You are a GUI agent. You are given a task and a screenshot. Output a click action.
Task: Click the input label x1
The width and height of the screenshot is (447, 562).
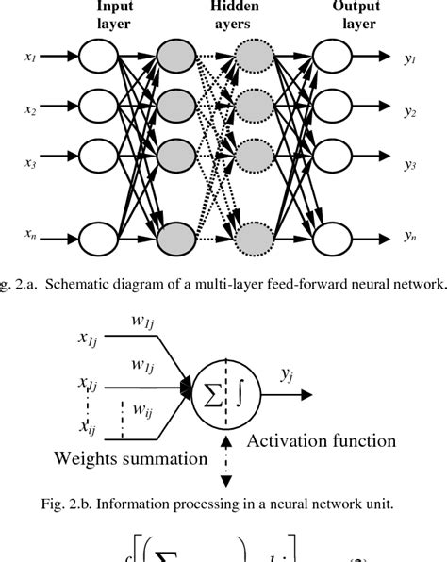pyautogui.click(x=30, y=58)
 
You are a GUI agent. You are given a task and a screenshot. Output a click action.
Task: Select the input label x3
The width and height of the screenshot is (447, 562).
pyautogui.click(x=30, y=163)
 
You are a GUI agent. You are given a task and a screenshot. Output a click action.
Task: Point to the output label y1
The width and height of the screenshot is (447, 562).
pyautogui.click(x=410, y=58)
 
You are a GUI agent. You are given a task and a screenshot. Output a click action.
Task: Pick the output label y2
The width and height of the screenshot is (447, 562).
pyautogui.click(x=410, y=111)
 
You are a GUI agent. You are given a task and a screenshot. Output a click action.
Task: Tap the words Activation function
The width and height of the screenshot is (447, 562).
pyautogui.click(x=322, y=440)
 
